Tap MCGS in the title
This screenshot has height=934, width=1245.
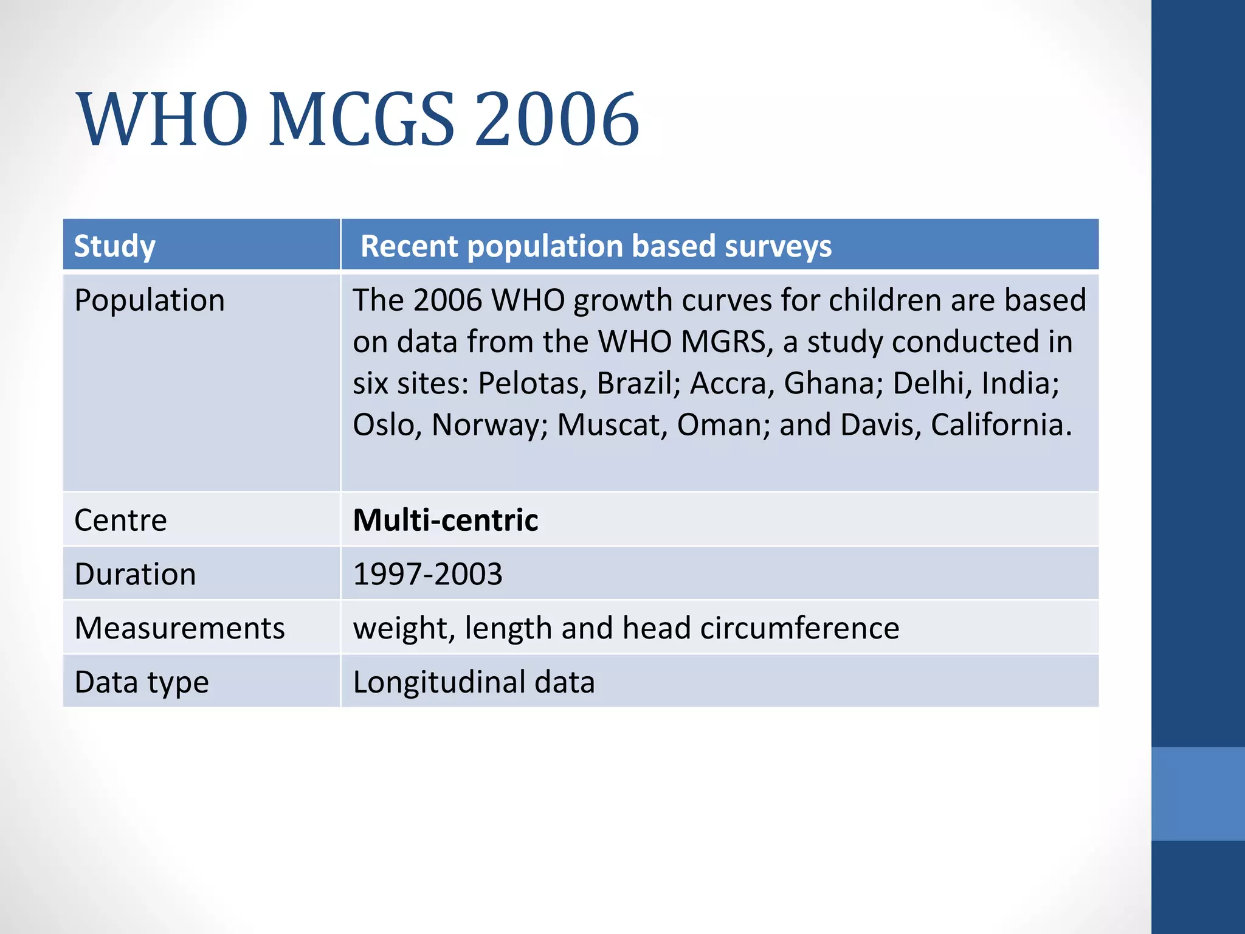click(x=361, y=119)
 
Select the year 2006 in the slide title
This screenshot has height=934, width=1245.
click(x=556, y=119)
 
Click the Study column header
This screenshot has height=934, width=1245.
click(x=115, y=246)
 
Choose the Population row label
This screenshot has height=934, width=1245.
click(x=150, y=300)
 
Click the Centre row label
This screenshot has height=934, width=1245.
click(x=120, y=521)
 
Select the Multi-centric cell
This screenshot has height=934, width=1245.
click(x=446, y=521)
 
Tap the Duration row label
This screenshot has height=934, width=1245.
click(x=135, y=574)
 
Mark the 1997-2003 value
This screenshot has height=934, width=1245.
click(x=428, y=574)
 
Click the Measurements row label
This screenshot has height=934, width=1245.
click(x=179, y=628)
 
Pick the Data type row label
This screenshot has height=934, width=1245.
click(x=142, y=682)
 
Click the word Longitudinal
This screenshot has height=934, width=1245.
click(x=438, y=682)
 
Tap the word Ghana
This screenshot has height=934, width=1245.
click(x=832, y=384)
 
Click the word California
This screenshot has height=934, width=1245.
click(x=1001, y=425)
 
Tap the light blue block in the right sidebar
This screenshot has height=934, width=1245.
click(x=1198, y=794)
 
